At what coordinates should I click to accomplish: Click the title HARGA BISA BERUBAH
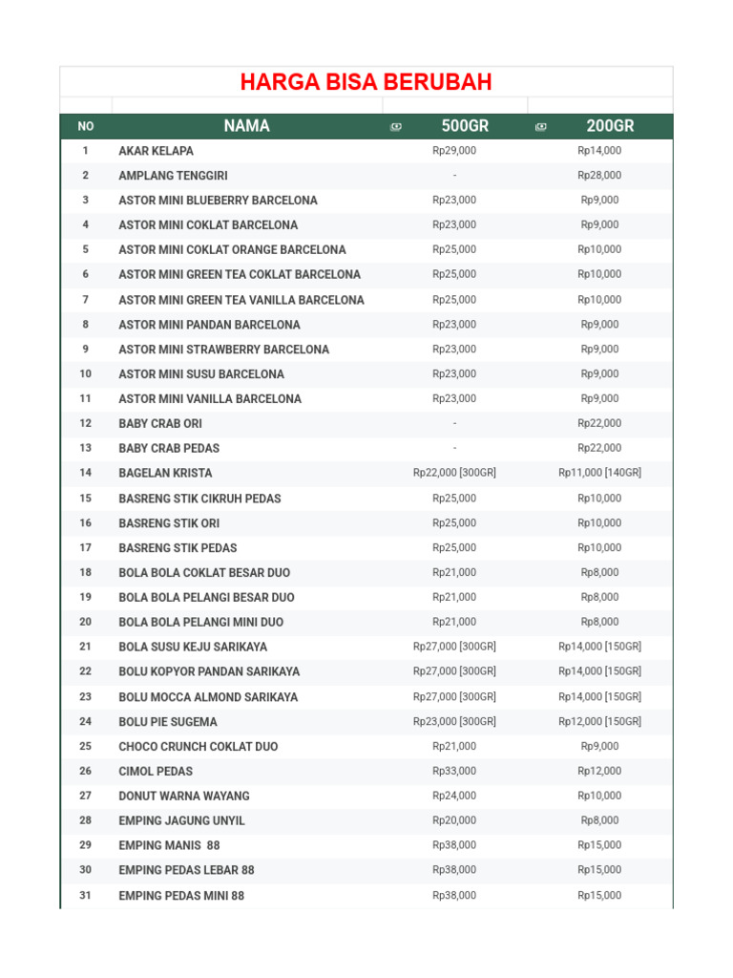(366, 82)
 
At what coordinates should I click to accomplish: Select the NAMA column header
(246, 126)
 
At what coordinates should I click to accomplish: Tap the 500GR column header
(465, 126)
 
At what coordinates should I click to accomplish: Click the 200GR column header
(610, 126)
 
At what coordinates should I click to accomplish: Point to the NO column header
(86, 126)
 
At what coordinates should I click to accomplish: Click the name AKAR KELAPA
(156, 151)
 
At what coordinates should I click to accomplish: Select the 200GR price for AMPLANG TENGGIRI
(599, 176)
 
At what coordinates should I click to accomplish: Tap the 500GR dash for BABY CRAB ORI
(454, 423)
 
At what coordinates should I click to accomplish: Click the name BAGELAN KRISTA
(165, 473)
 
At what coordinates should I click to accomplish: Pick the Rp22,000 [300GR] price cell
(454, 473)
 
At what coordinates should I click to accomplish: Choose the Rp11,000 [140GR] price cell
(599, 473)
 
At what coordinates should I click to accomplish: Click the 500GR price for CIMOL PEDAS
(454, 771)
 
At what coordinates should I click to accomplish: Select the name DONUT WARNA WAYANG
(184, 796)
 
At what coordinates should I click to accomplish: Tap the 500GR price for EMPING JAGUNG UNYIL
(454, 820)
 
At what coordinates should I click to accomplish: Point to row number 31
(86, 895)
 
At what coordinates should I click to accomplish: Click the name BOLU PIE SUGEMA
(168, 721)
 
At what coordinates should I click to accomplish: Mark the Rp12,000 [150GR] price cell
(599, 721)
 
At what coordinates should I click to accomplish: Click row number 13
(86, 448)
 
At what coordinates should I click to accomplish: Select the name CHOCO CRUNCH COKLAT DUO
(199, 746)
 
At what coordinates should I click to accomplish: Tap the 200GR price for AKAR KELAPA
(599, 151)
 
